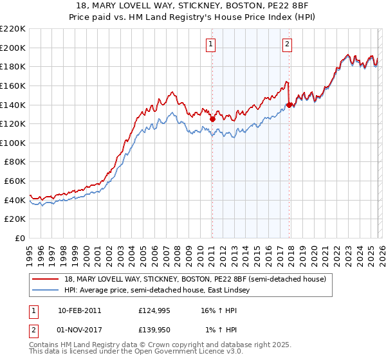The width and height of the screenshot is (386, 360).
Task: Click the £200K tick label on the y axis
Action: click(13, 48)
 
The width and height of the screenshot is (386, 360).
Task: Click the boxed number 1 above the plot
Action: click(211, 44)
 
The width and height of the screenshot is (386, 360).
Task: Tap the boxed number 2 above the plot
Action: click(287, 44)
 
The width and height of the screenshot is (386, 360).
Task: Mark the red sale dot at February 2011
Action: click(212, 119)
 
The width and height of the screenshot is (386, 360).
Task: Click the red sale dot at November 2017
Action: click(289, 105)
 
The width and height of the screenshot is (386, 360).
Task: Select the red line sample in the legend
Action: click(46, 279)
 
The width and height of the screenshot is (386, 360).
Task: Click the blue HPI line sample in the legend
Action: click(46, 291)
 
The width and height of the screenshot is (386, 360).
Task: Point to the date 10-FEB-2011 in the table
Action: click(79, 310)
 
